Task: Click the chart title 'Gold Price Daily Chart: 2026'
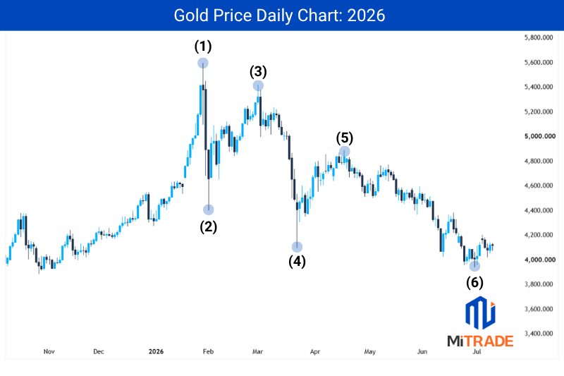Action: point(279,16)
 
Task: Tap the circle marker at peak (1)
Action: point(203,63)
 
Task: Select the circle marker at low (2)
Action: point(209,210)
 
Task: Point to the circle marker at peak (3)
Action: point(258,85)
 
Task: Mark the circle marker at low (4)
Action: point(297,247)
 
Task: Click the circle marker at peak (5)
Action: point(344,152)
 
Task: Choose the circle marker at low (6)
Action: point(474,266)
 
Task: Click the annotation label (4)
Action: point(297,262)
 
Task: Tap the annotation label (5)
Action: point(345,138)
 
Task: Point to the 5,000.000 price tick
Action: point(539,136)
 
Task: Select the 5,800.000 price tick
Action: point(539,37)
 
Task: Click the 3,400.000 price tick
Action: point(539,334)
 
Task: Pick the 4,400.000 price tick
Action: point(539,210)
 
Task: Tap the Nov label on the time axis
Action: point(49,351)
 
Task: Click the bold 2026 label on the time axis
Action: point(156,351)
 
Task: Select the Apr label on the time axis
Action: point(314,351)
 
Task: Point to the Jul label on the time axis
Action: point(477,351)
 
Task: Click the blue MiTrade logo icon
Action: point(480,313)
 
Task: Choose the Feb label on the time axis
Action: point(208,351)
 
